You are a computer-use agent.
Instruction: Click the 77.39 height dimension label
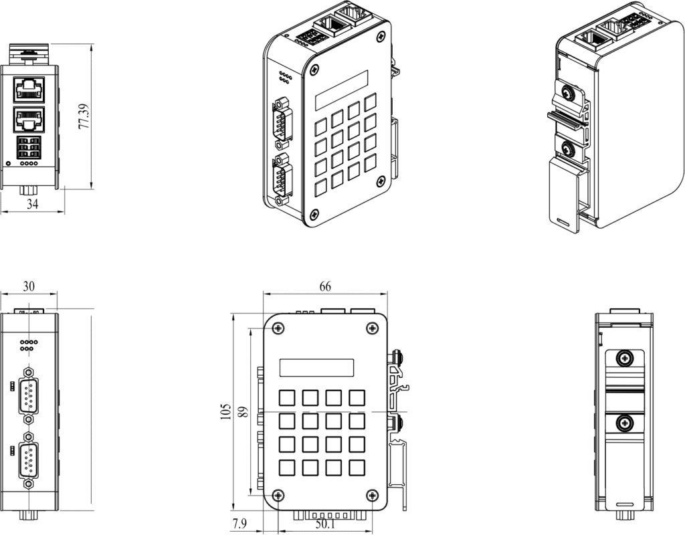point(84,116)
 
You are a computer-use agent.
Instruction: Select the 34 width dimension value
point(32,205)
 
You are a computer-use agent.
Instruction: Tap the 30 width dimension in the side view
point(29,286)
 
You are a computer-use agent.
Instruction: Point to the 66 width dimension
point(325,286)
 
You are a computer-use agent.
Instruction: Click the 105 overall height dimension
point(225,411)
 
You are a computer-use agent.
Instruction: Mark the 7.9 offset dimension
point(238,524)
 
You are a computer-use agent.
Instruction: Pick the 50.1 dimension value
point(325,525)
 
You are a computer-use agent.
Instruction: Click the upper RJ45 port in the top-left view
point(30,88)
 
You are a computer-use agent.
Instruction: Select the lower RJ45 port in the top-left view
point(30,119)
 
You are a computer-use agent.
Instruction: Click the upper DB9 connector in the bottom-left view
point(29,395)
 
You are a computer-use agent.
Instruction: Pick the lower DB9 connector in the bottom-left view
point(29,460)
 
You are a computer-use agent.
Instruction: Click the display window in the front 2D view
point(316,368)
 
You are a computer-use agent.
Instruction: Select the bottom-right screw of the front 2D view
point(372,495)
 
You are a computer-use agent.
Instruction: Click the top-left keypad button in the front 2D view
point(287,398)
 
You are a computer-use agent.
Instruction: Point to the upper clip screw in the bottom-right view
point(624,358)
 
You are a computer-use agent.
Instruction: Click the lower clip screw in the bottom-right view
point(624,423)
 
